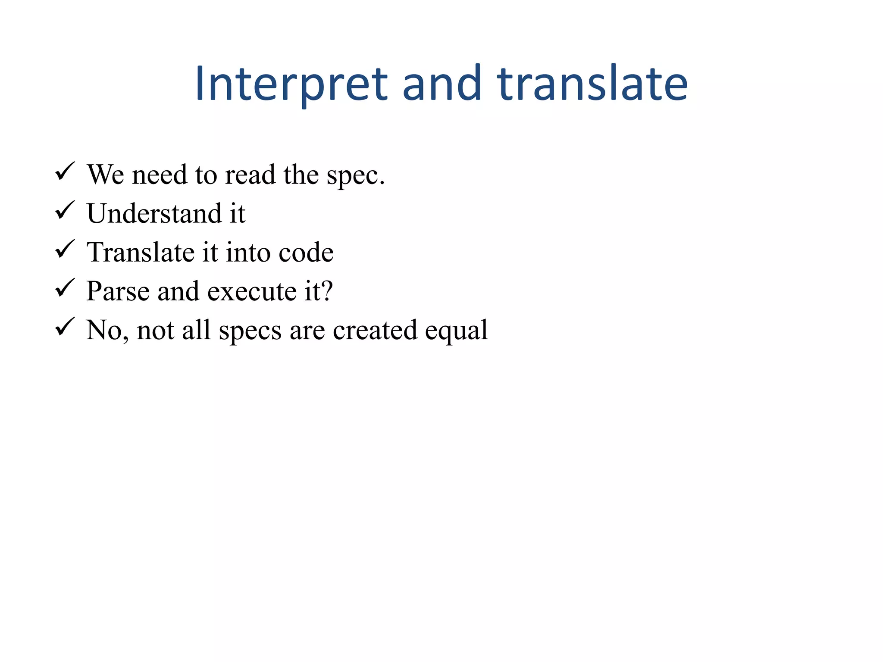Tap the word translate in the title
coord(592,84)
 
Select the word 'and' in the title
coord(441,84)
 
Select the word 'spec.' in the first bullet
coord(355,176)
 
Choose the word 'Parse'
coord(117,291)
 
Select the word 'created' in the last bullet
coord(375,330)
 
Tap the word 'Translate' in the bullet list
coord(141,252)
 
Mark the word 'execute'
coord(252,292)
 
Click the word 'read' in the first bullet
coord(250,175)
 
